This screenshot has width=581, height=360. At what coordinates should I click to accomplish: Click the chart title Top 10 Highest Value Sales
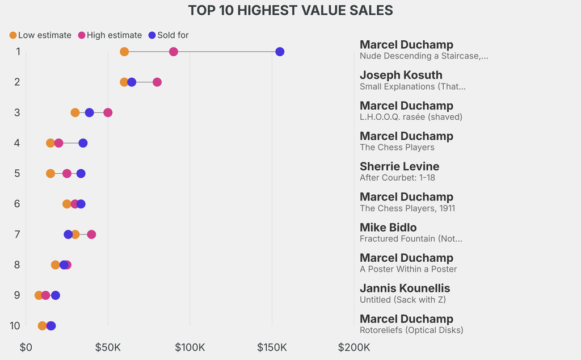tap(290, 10)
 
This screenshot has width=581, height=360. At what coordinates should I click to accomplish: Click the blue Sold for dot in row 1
tap(280, 52)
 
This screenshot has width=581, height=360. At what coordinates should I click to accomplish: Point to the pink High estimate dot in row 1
tap(174, 52)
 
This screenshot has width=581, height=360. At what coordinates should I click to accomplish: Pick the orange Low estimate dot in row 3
tap(75, 112)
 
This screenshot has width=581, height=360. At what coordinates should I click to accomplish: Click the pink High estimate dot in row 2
tap(157, 82)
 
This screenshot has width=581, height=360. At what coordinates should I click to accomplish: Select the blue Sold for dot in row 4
tap(83, 143)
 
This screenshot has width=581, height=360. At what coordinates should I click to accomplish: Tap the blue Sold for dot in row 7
tap(68, 235)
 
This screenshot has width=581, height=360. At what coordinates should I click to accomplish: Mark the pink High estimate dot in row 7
tap(91, 235)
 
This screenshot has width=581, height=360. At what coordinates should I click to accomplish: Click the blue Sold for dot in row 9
tap(55, 295)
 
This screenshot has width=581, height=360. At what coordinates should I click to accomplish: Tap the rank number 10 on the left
tap(15, 326)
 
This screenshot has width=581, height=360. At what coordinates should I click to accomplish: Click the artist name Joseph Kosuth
tap(401, 75)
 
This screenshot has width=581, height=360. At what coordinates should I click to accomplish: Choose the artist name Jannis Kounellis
tap(405, 288)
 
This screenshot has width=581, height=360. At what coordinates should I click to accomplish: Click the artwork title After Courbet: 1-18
tap(397, 178)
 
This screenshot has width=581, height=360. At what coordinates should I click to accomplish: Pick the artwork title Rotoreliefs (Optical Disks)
tap(411, 330)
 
